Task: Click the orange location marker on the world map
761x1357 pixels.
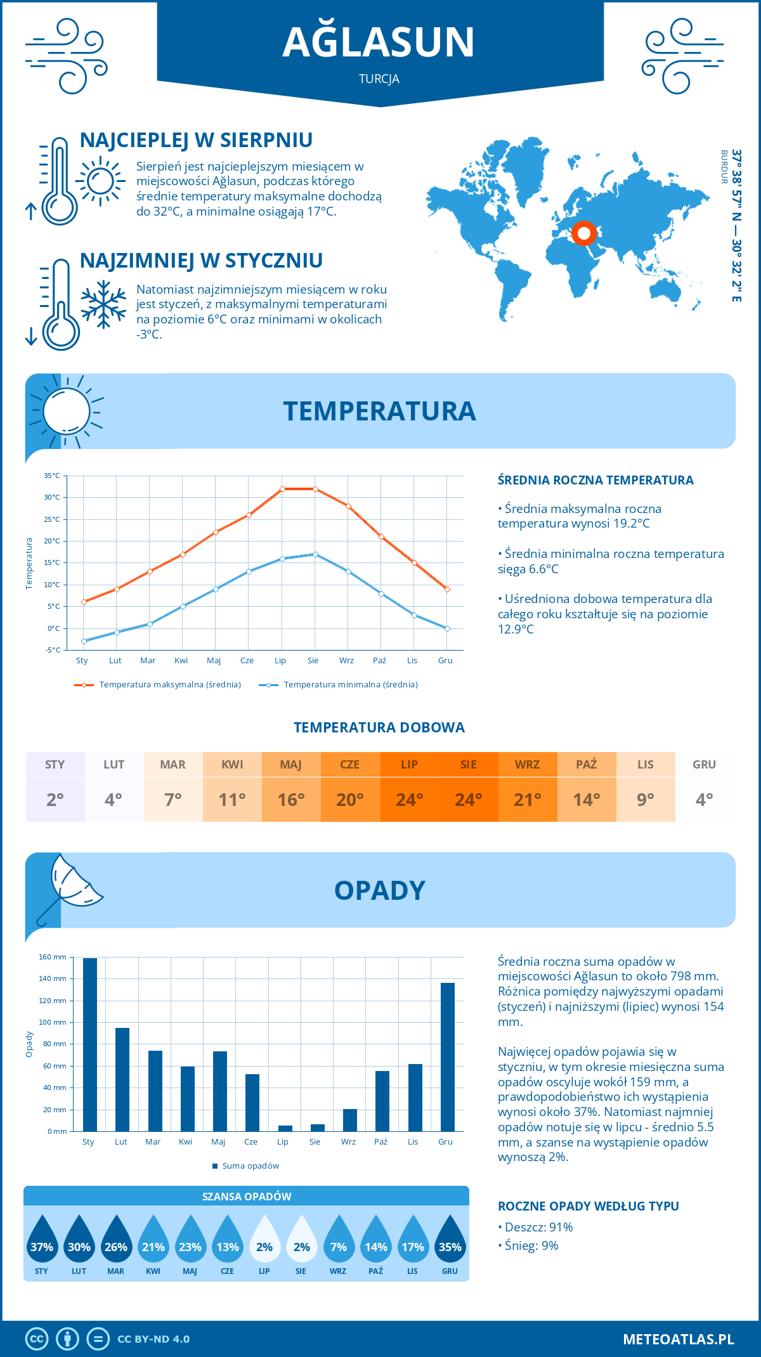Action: (x=583, y=233)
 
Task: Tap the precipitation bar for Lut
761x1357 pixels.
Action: (x=122, y=1079)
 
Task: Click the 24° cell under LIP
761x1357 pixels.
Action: (x=409, y=800)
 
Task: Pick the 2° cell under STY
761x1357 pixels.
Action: (x=55, y=800)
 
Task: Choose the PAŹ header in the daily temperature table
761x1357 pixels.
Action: (x=587, y=765)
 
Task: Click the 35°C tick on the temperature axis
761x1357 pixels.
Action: (x=52, y=476)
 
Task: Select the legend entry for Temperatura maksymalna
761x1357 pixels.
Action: (x=158, y=685)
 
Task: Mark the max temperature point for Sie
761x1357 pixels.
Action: (x=315, y=489)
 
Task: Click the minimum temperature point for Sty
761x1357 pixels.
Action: (x=84, y=641)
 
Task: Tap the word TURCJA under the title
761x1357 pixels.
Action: (x=379, y=79)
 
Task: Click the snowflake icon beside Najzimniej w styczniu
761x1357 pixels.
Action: (x=103, y=305)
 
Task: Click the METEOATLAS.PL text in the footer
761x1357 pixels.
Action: (x=679, y=1339)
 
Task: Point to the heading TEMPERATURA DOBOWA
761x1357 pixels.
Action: (x=379, y=728)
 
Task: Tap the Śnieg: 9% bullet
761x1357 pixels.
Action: (x=529, y=1245)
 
